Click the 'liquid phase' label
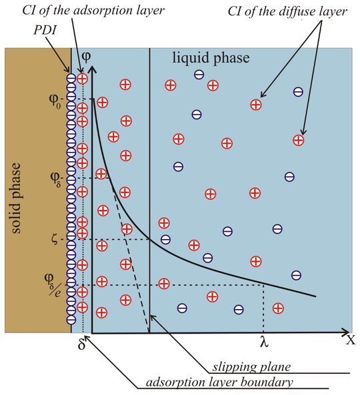211,58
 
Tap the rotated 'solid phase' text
15,198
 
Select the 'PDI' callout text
45,30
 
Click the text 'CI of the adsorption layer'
93,11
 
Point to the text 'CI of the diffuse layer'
287,11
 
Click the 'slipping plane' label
251,367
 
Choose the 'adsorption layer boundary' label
219,382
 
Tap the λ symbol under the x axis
264,342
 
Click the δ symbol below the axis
81,344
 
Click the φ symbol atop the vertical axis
87,57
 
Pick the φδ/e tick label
53,284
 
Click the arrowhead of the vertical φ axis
93,69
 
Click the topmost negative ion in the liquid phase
199,75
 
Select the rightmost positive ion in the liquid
299,140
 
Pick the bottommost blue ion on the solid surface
71,320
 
